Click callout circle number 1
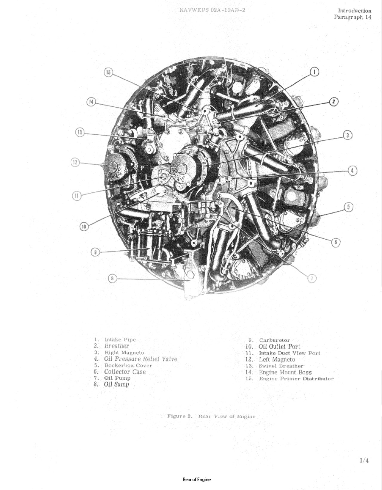[x=315, y=72]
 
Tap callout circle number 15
[x=108, y=72]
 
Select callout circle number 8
[x=112, y=279]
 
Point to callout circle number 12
[x=75, y=163]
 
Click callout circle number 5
[x=349, y=207]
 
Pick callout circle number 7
[x=312, y=278]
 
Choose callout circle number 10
[x=84, y=227]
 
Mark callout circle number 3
[x=348, y=135]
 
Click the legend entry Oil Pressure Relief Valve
[x=140, y=359]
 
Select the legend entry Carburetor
[x=274, y=340]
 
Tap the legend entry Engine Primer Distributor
[x=296, y=379]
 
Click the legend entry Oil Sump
[x=116, y=384]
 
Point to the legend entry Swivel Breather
[x=281, y=366]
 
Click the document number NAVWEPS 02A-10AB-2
[x=212, y=10]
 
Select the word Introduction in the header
[x=355, y=11]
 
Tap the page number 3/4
[x=364, y=460]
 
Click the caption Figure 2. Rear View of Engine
[x=211, y=416]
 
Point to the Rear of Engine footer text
[x=196, y=480]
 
